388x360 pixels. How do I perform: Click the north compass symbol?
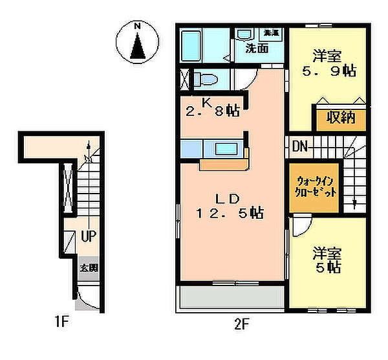click(x=137, y=43)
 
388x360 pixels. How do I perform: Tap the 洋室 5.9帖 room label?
click(x=330, y=62)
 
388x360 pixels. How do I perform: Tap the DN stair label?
click(x=299, y=146)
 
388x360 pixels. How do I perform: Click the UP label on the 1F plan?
click(x=88, y=236)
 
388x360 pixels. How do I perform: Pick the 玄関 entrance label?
click(x=89, y=267)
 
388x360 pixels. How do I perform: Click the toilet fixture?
click(x=205, y=78)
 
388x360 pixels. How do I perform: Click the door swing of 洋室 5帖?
click(x=299, y=228)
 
